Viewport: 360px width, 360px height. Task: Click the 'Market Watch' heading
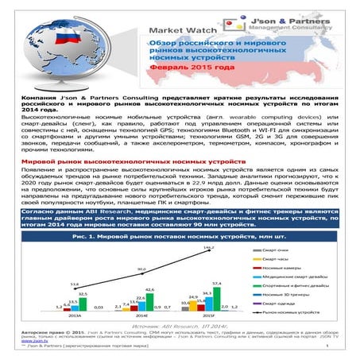click(x=178, y=32)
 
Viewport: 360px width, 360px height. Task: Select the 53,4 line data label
click(x=74, y=284)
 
